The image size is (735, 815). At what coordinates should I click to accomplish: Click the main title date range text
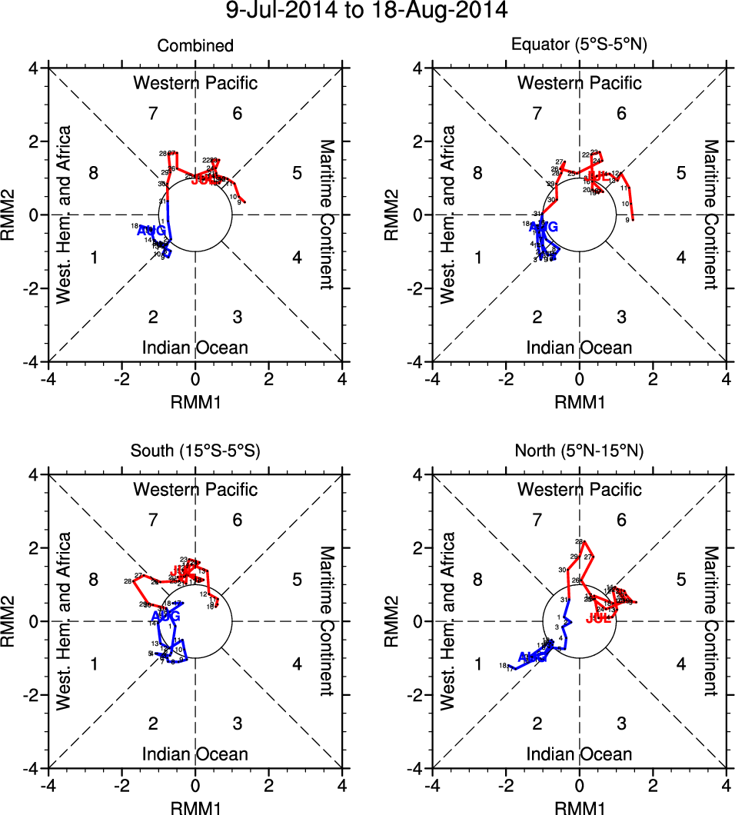[367, 12]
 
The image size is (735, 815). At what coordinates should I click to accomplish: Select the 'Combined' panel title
[195, 46]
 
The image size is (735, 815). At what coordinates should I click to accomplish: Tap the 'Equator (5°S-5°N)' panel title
[580, 45]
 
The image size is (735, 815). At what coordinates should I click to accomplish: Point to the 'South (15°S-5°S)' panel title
[195, 452]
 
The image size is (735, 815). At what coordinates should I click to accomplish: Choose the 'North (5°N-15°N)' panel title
[580, 452]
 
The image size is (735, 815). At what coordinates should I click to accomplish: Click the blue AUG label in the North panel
[533, 657]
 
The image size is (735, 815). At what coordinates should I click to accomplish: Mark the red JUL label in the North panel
[598, 618]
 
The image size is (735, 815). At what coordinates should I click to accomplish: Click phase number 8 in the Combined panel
[94, 172]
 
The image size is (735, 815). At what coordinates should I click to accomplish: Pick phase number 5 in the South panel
[297, 579]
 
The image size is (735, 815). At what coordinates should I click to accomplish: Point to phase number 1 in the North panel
[478, 664]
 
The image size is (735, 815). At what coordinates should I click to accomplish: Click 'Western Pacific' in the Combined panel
[195, 83]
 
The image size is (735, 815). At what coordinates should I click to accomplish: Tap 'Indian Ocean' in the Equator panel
[580, 348]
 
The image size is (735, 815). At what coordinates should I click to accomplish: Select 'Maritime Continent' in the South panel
[326, 621]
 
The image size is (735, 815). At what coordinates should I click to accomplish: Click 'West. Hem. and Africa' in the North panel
[449, 621]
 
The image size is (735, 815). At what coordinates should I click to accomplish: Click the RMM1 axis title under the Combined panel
[195, 400]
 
